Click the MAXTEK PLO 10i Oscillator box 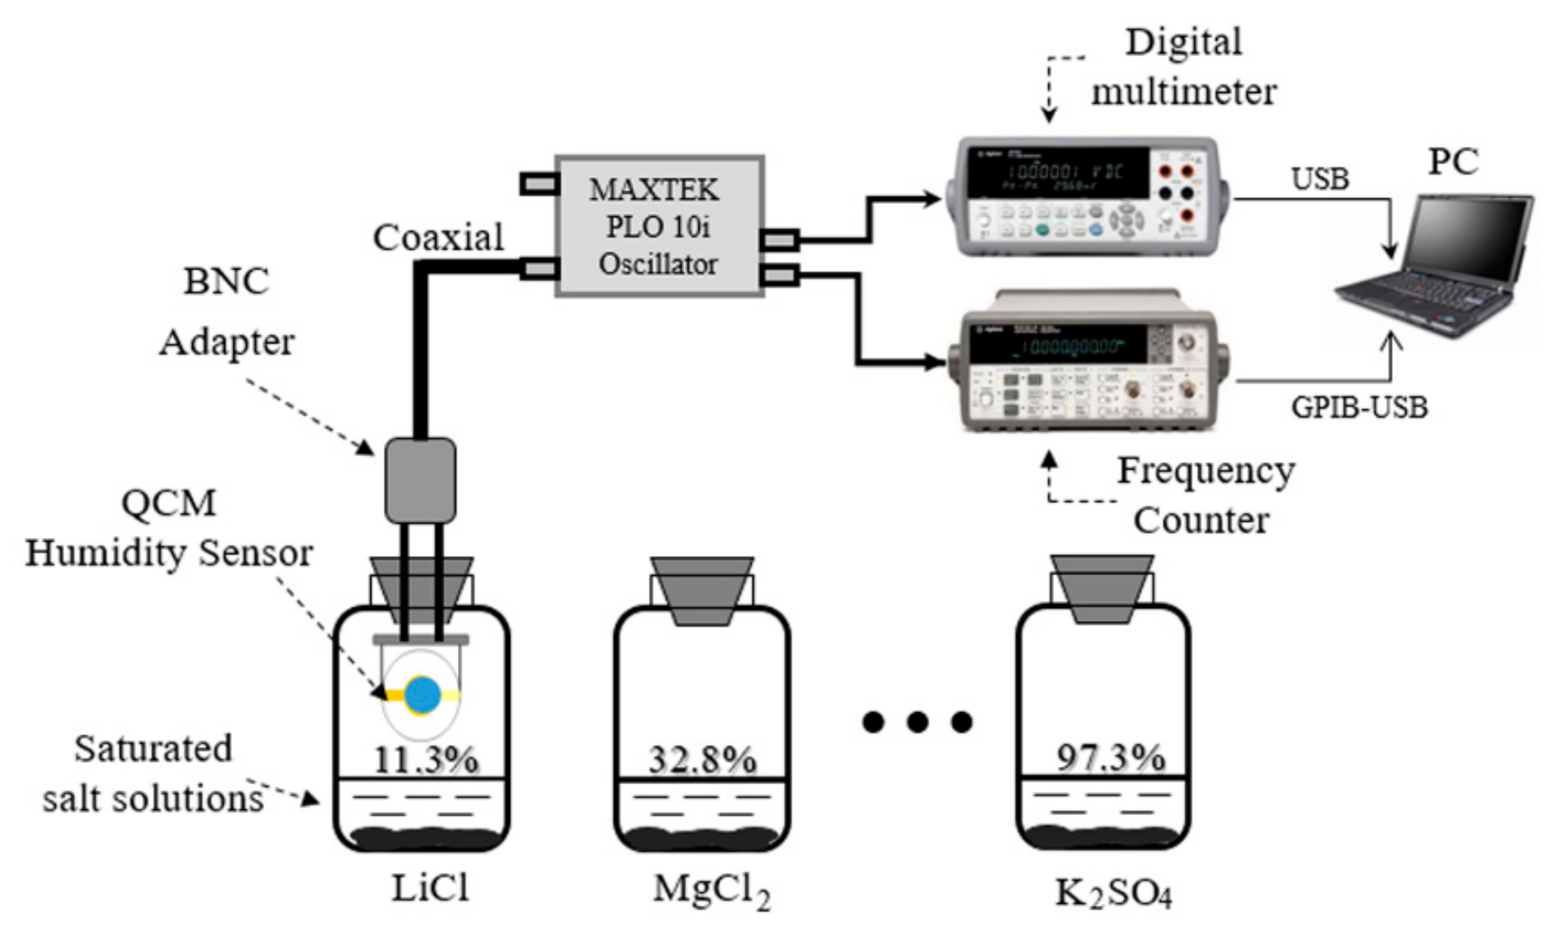(660, 226)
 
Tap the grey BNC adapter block (420, 480)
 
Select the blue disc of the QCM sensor (422, 694)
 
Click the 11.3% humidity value (425, 759)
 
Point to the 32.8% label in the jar (702, 759)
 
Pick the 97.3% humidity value (1110, 757)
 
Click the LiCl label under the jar (430, 887)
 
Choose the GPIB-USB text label (1359, 407)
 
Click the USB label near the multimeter (1320, 179)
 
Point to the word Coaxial (438, 237)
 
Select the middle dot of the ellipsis (917, 721)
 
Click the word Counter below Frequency (1201, 520)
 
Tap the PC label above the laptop (1453, 161)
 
